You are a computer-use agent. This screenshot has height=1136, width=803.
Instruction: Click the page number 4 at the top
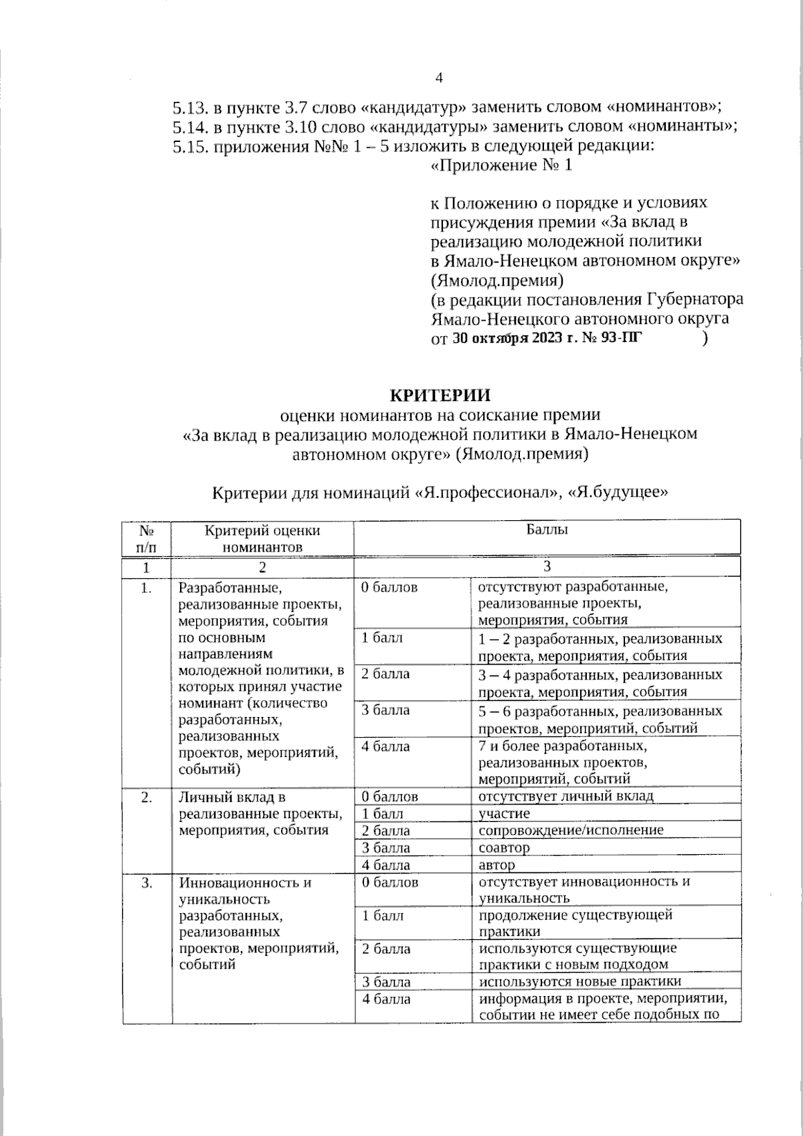[439, 78]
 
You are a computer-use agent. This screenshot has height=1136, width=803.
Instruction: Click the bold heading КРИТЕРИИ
[440, 395]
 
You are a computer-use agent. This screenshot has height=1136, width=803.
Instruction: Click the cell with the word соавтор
[504, 847]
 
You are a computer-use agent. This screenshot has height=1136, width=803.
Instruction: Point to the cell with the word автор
[497, 865]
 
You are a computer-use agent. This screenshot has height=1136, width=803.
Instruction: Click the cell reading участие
[504, 813]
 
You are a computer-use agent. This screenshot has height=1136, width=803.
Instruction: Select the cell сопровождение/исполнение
[571, 830]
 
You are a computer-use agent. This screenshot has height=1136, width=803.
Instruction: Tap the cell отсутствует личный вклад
[565, 796]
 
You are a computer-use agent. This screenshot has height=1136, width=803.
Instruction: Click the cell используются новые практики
[579, 981]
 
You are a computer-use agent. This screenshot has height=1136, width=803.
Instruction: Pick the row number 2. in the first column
[147, 797]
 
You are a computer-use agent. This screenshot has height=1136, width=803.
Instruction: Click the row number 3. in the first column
[147, 883]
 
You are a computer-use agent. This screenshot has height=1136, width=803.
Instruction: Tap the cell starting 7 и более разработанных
[562, 746]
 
